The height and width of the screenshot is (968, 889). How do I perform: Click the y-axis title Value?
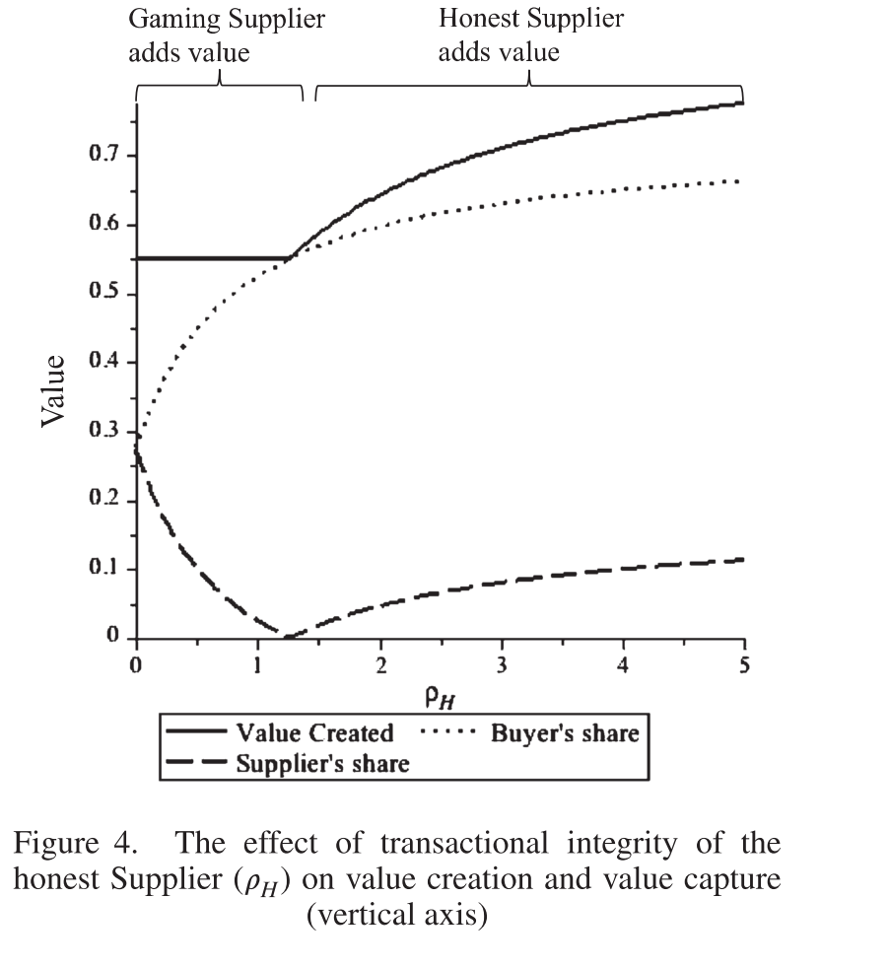[54, 390]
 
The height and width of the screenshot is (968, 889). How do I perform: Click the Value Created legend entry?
[314, 733]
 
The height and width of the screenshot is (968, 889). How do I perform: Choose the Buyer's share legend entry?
[565, 733]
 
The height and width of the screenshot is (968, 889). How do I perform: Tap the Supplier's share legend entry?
[321, 763]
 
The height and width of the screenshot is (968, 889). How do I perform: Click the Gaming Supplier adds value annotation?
[227, 35]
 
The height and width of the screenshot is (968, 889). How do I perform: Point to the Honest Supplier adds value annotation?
[530, 35]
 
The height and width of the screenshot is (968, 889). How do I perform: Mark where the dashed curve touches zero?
[286, 637]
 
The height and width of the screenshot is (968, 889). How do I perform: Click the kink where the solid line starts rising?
[288, 258]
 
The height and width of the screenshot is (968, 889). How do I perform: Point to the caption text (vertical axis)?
[396, 914]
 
